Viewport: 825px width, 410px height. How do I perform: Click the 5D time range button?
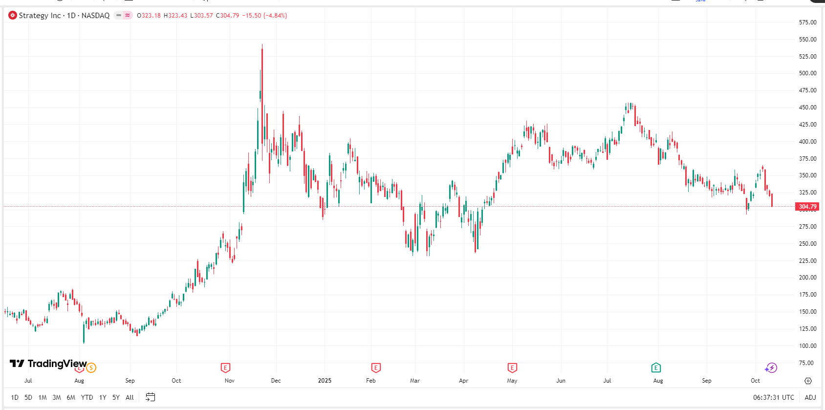[x=28, y=397]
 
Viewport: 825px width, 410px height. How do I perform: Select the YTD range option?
[x=87, y=397]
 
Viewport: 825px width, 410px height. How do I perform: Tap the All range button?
[x=130, y=397]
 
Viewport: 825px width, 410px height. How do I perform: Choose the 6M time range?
[x=71, y=397]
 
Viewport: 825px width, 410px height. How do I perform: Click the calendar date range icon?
[x=151, y=397]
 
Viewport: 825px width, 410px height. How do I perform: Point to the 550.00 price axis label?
[x=807, y=40]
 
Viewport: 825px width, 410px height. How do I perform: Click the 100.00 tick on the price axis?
[x=807, y=346]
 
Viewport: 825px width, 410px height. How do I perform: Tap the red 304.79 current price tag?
[x=807, y=207]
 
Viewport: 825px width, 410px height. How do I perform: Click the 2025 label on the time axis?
[x=325, y=381]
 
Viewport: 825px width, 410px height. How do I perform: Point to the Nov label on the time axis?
[x=229, y=381]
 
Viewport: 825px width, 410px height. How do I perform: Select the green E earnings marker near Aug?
[x=656, y=367]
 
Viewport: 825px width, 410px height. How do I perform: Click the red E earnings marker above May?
[x=512, y=367]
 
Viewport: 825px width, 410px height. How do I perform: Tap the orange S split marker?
[x=91, y=367]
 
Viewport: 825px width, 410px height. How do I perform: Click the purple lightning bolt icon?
[x=771, y=367]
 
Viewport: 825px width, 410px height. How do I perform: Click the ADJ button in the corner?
[x=810, y=397]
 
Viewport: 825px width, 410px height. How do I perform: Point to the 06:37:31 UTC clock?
[x=773, y=397]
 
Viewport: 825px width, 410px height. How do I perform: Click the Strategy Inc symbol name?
[x=40, y=16]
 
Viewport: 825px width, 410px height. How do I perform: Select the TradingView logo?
[x=48, y=364]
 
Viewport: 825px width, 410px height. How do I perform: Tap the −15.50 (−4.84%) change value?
[x=264, y=16]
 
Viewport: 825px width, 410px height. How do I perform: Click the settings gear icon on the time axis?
[x=808, y=381]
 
